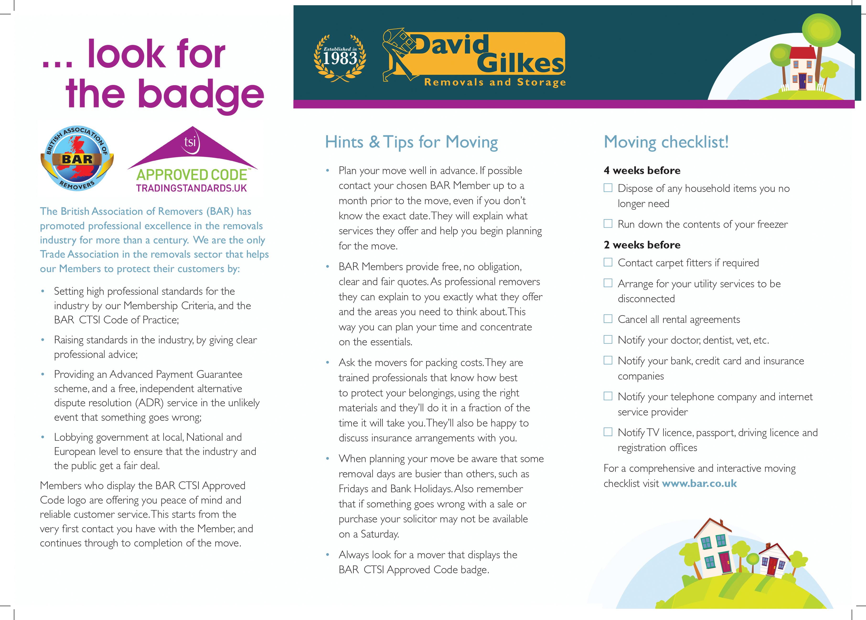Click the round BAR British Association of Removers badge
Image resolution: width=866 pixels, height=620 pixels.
(77, 158)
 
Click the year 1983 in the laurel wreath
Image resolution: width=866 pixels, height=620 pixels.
(340, 59)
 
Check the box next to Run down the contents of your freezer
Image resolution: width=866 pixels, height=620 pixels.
(608, 224)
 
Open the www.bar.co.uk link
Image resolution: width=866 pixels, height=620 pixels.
(699, 483)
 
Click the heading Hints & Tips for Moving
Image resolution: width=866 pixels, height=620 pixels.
(411, 142)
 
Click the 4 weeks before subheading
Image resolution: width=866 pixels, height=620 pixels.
(642, 171)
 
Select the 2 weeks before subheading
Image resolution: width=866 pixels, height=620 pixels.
(642, 245)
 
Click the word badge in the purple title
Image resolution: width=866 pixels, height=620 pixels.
(200, 94)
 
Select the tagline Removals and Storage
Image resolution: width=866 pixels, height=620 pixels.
(495, 82)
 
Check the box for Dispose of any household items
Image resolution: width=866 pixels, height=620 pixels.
(608, 188)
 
